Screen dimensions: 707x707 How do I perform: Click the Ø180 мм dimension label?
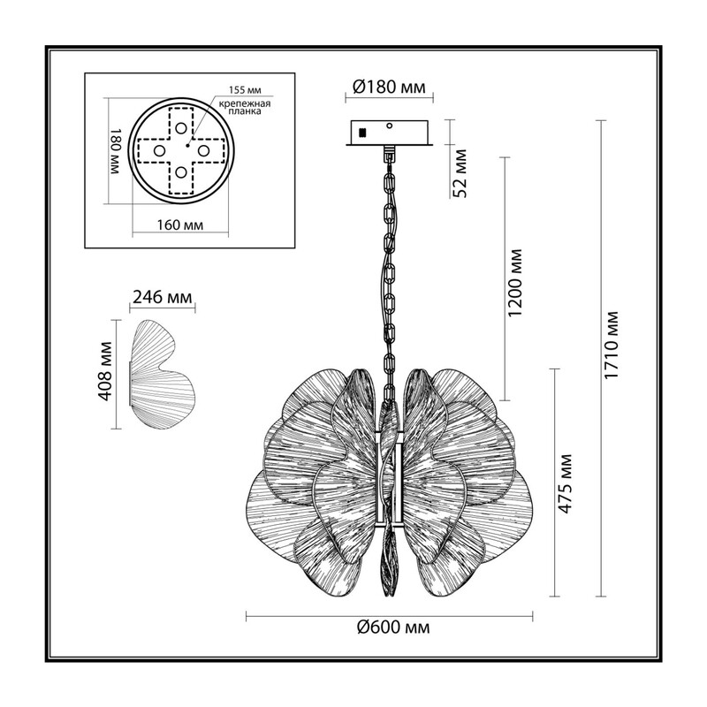(389, 87)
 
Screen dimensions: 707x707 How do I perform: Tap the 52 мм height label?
(460, 172)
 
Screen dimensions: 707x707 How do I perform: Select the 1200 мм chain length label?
(514, 282)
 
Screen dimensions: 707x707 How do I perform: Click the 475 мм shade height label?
(565, 483)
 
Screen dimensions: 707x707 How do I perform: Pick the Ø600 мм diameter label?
(393, 627)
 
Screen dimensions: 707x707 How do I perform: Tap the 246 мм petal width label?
(163, 297)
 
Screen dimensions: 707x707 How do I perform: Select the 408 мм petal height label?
(105, 371)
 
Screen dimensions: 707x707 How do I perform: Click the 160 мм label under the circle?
(180, 224)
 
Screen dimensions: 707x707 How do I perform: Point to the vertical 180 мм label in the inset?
(116, 151)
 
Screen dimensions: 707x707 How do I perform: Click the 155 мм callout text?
(245, 90)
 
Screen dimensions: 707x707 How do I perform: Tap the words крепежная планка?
(245, 107)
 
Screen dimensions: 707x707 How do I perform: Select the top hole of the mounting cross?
(181, 128)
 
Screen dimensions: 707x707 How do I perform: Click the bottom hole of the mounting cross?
(181, 171)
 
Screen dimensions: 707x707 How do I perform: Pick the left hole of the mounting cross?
(159, 150)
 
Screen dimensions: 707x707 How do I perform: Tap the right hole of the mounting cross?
(203, 150)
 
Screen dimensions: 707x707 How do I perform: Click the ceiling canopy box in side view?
(389, 133)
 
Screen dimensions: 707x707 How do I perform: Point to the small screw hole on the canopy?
(390, 125)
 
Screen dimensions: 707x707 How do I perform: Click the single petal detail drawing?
(162, 375)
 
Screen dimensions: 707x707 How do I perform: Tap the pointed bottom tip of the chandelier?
(389, 596)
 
